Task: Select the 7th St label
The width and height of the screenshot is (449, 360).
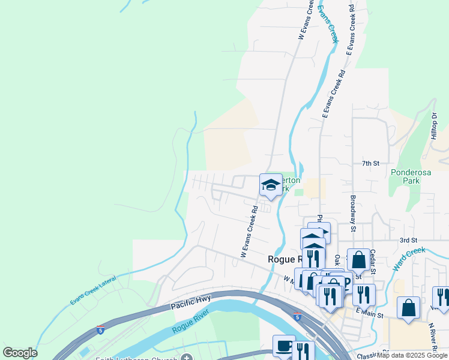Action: (x=371, y=163)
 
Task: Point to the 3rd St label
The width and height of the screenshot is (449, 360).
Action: (x=408, y=240)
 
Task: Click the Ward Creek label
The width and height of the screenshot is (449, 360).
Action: (x=409, y=258)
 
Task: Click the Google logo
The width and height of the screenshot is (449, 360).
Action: (x=20, y=353)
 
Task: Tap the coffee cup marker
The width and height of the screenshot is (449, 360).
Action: (x=284, y=346)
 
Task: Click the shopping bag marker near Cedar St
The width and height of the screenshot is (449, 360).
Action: (x=358, y=259)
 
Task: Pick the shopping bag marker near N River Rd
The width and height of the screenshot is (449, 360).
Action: (x=408, y=308)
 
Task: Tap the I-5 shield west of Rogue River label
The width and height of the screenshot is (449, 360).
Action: (x=100, y=330)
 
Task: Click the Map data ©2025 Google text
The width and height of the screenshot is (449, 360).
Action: (x=412, y=355)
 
